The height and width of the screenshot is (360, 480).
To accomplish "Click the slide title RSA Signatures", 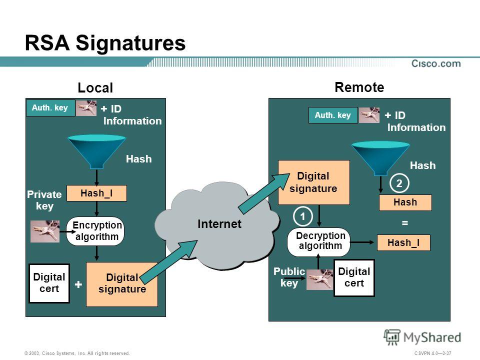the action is pos(105,43).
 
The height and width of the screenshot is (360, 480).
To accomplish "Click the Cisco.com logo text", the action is pos(436,63).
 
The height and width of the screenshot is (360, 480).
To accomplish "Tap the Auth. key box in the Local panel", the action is pos(50,108).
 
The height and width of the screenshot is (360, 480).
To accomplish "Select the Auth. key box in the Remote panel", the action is pos(333,115).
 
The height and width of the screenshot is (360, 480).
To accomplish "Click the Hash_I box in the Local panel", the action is pos(96,193).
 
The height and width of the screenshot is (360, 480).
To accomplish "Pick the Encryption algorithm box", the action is pos(95,231).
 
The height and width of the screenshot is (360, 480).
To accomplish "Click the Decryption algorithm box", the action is pos(318,242).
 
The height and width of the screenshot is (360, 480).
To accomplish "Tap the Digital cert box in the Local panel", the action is pos(49,283).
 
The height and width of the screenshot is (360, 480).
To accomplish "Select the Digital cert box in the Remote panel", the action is pos(354,277).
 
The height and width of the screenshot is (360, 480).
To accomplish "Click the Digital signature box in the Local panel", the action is pos(122,284).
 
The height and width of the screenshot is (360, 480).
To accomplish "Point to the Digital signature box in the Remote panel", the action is pos(314,182).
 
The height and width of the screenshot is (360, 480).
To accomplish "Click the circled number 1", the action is pos(303,216).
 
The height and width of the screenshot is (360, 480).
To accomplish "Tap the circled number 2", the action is pos(399,183).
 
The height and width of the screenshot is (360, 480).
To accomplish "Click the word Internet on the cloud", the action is pos(219,224).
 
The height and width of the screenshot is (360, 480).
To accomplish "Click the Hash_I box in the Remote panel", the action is pos(403,243).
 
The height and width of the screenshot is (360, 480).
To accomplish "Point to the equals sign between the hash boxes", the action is pos(404,223).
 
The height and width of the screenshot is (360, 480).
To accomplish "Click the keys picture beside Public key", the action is pos(320,279).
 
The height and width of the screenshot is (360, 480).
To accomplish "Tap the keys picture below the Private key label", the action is pos(45,231).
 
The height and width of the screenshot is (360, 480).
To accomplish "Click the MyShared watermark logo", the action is pos(422,337).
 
